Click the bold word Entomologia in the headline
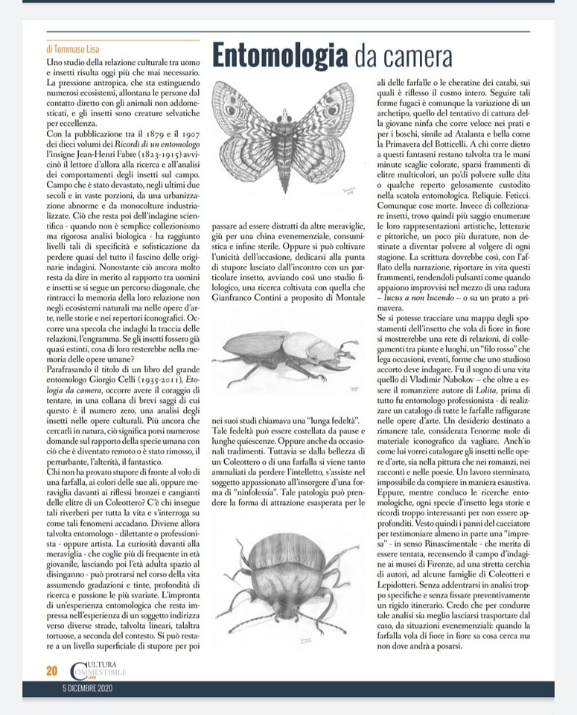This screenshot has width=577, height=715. [x=279, y=54]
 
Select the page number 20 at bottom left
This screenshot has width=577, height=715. [x=52, y=670]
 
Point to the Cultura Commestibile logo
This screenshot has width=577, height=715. [x=97, y=670]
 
